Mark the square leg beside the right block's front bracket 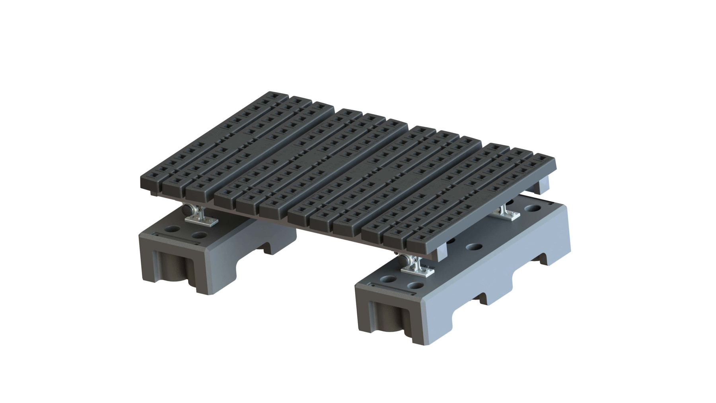(440, 252)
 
